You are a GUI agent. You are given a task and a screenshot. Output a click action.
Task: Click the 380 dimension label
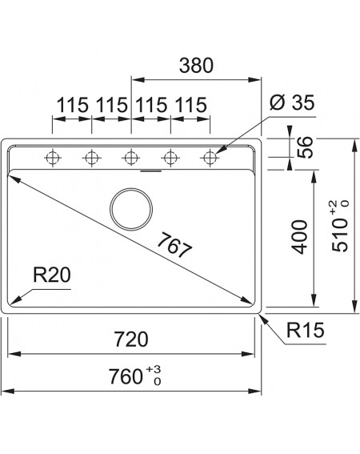(x=196, y=66)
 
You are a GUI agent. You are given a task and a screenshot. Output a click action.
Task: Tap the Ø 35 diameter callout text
(x=292, y=102)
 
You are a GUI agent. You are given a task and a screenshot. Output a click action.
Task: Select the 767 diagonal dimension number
(x=174, y=245)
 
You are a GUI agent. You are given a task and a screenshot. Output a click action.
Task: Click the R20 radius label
(x=52, y=275)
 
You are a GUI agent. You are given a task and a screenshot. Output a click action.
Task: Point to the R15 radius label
(x=306, y=330)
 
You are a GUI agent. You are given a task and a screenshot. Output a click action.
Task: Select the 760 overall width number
(x=126, y=376)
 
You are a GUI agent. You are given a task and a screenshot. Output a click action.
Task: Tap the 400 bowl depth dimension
(x=299, y=237)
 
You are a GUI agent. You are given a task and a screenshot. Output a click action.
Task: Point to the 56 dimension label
(x=306, y=147)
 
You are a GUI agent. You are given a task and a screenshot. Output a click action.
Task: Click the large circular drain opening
(x=131, y=209)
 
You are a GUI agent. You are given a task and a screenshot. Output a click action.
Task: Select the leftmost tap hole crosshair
(x=52, y=158)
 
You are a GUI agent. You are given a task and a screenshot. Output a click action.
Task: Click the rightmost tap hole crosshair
(x=210, y=158)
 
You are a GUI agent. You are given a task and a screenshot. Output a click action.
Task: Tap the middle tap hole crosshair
(x=131, y=158)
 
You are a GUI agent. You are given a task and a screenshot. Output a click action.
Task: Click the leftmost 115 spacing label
(x=72, y=105)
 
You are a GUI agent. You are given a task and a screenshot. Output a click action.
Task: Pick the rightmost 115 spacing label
(x=191, y=105)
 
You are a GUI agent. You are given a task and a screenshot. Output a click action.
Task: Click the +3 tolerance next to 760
(x=154, y=369)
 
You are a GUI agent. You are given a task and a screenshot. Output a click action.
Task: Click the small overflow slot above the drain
(x=150, y=171)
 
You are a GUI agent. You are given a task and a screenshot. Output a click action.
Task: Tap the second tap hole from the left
(x=92, y=158)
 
